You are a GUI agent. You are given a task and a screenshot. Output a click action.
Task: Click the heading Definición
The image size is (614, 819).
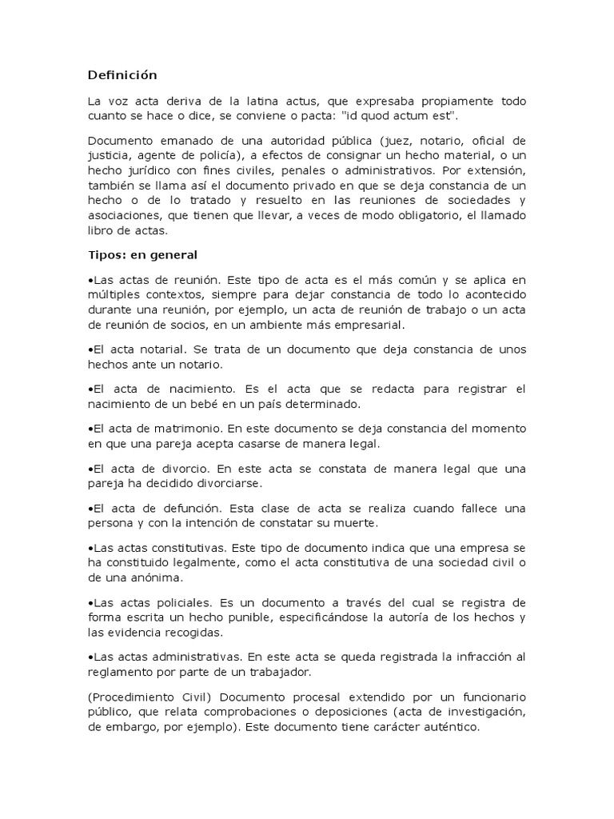pos(122,75)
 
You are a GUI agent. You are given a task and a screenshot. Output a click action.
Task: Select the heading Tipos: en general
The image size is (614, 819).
pos(142,255)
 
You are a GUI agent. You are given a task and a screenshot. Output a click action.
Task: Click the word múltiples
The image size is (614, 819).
pos(113,296)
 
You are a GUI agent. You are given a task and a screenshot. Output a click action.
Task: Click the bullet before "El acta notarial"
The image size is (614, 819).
pos(90,350)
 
